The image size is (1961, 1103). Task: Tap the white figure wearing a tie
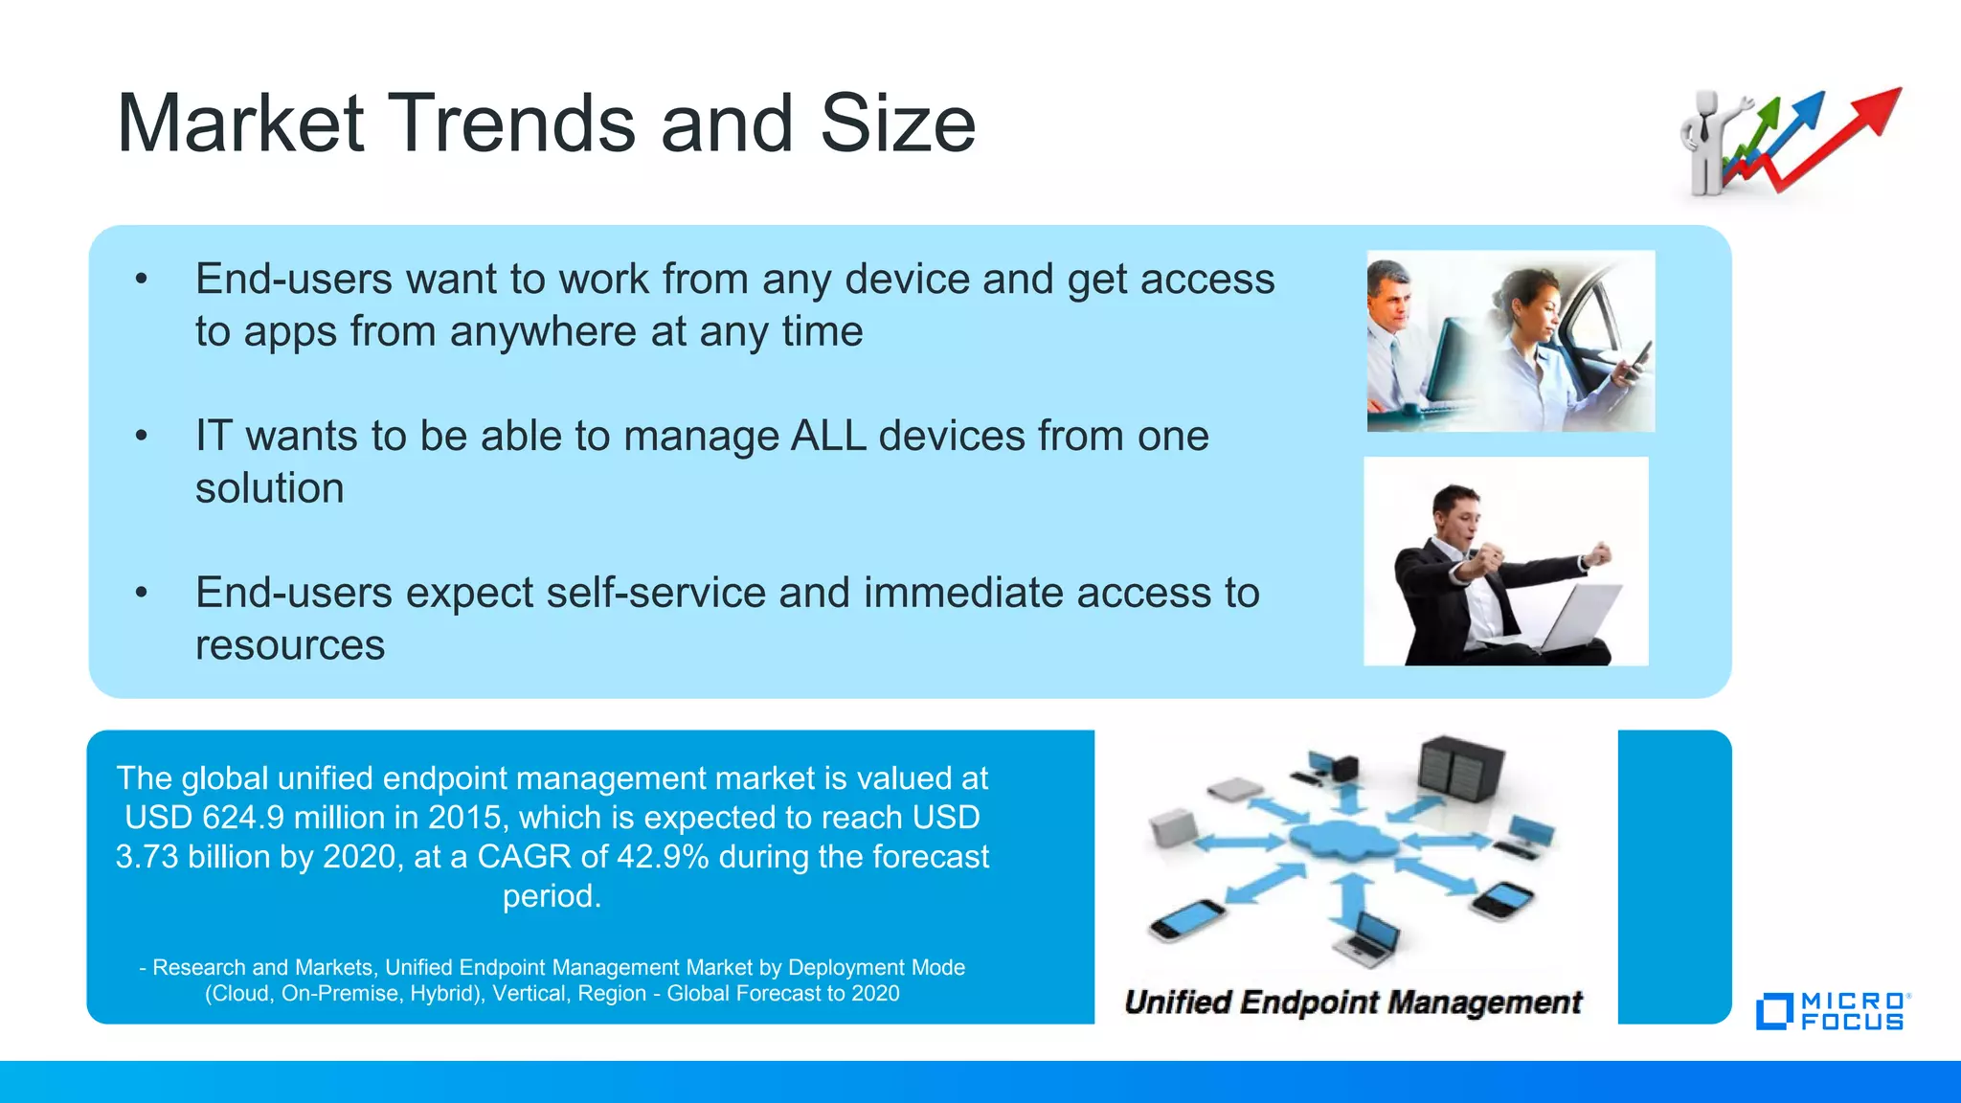1705,144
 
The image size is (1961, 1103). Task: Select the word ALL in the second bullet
828,437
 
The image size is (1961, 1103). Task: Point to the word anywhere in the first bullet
543,332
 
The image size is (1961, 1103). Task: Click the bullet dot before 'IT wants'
142,437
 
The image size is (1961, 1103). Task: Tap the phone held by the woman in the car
1638,360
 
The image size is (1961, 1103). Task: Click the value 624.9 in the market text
243,818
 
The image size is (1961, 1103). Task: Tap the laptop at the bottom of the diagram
1369,938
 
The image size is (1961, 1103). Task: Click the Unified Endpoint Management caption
1352,1002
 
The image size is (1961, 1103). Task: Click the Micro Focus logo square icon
1773,1012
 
